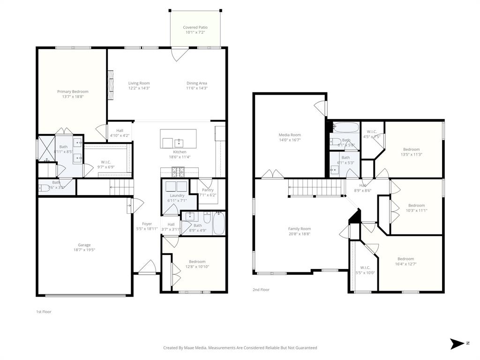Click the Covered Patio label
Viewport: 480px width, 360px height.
[x=195, y=28]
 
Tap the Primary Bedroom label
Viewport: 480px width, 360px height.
[x=73, y=92]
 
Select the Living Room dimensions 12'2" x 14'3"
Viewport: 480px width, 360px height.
[x=139, y=88]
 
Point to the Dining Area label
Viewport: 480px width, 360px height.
[x=197, y=83]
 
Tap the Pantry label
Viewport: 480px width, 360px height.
[x=207, y=190]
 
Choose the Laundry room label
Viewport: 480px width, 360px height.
[x=177, y=195]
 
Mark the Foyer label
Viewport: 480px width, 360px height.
[x=147, y=224]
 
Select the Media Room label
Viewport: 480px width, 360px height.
[x=290, y=135]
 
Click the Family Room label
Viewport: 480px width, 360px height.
[x=299, y=229]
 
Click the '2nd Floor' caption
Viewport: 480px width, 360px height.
[x=261, y=290]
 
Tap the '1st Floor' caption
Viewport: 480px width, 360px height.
[x=44, y=312]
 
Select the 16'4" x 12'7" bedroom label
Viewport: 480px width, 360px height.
[x=405, y=259]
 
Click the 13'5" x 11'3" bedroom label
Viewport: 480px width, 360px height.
[x=411, y=150]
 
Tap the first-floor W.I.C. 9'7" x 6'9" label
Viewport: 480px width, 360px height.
[x=105, y=162]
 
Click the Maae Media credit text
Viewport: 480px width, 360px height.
[x=240, y=348]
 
